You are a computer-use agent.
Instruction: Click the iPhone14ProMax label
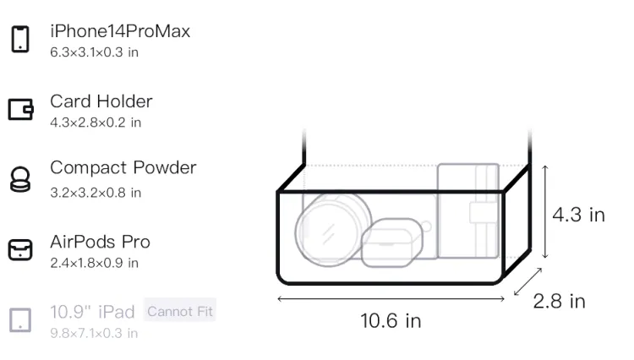pyautogui.click(x=120, y=31)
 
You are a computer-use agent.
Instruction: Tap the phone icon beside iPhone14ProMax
pyautogui.click(x=20, y=39)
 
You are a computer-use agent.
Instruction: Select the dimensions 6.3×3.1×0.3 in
pyautogui.click(x=94, y=52)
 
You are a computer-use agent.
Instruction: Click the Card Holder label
pyautogui.click(x=101, y=101)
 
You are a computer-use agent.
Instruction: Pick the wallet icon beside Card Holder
pyautogui.click(x=20, y=109)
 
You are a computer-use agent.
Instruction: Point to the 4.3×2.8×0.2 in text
pyautogui.click(x=96, y=123)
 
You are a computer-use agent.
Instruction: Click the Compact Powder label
pyautogui.click(x=123, y=168)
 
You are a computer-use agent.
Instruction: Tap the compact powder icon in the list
pyautogui.click(x=20, y=179)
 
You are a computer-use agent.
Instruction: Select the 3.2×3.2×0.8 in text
pyautogui.click(x=96, y=193)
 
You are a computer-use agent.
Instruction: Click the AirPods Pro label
pyautogui.click(x=101, y=242)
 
